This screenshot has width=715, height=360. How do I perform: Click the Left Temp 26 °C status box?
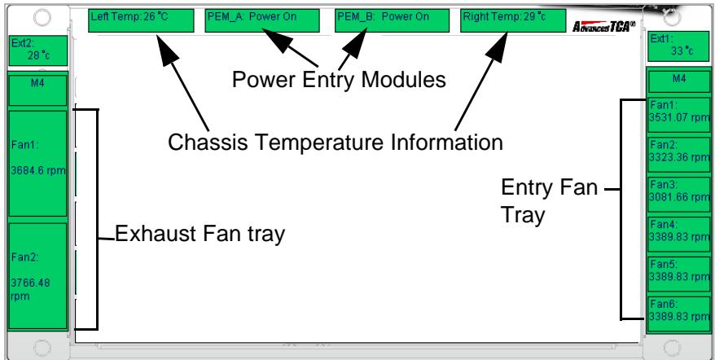pyautogui.click(x=141, y=20)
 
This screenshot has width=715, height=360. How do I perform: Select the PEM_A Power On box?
pyautogui.click(x=262, y=20)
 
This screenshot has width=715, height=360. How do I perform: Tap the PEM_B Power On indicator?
pyautogui.click(x=393, y=20)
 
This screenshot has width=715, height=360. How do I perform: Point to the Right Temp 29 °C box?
pyautogui.click(x=513, y=20)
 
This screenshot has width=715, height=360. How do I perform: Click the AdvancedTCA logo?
pyautogui.click(x=603, y=26)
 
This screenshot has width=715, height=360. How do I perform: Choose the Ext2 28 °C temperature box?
pyautogui.click(x=38, y=50)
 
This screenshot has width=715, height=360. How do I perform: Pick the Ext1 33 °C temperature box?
pyautogui.click(x=679, y=46)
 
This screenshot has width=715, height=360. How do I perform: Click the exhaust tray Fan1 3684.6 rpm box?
pyautogui.click(x=37, y=164)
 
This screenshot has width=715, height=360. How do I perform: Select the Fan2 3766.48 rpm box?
pyautogui.click(x=37, y=276)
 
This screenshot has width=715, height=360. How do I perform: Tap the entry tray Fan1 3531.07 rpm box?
pyautogui.click(x=679, y=115)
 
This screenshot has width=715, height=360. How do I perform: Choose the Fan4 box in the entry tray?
pyautogui.click(x=679, y=234)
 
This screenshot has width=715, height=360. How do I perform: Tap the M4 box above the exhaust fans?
pyautogui.click(x=37, y=90)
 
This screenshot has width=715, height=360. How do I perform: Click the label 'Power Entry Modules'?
pyautogui.click(x=339, y=80)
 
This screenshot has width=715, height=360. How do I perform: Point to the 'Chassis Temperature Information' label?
pyautogui.click(x=336, y=143)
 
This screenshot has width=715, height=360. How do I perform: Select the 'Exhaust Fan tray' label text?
pyautogui.click(x=200, y=234)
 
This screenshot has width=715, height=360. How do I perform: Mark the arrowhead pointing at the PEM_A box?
pyautogui.click(x=275, y=38)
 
